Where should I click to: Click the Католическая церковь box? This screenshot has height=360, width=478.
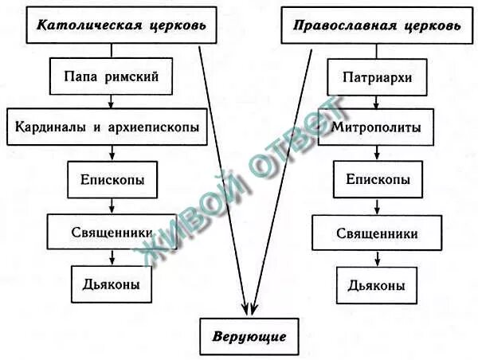point(122,25)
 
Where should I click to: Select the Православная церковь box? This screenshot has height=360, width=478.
point(376,25)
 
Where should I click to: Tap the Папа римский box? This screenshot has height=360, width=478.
point(112,76)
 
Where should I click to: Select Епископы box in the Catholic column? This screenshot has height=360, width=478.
point(112,179)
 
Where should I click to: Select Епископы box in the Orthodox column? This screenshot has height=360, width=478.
point(379,179)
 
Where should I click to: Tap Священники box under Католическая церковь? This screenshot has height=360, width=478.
point(112,232)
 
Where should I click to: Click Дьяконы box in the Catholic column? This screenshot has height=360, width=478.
point(112,284)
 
